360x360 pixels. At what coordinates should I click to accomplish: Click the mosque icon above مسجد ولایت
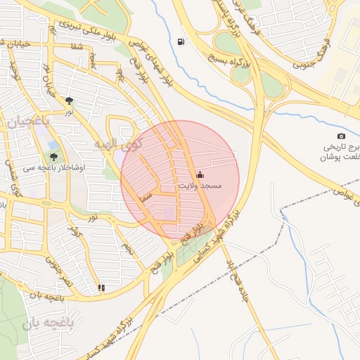[200, 174]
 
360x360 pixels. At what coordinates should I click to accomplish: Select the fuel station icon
[183, 42]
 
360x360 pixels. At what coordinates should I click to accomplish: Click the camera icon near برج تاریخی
[341, 136]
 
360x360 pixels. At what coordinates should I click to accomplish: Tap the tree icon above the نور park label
[68, 101]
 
